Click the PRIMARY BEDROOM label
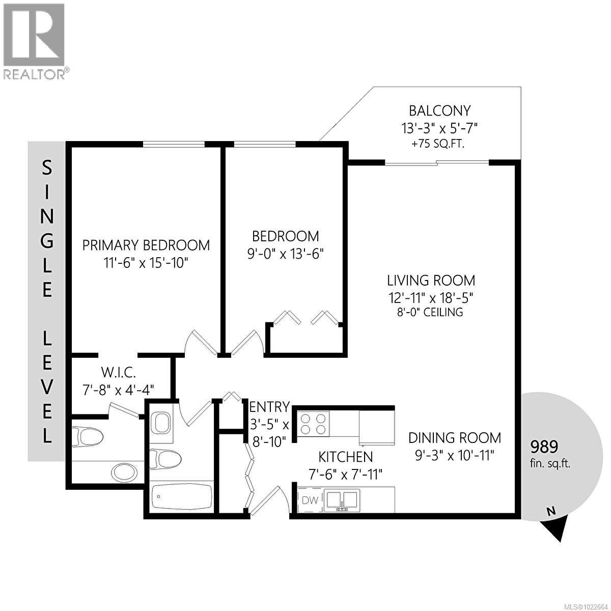(146, 245)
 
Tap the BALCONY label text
(440, 110)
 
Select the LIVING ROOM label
(431, 280)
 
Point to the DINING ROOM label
(454, 438)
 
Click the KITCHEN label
(346, 457)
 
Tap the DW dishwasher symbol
(310, 500)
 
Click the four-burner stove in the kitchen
(313, 424)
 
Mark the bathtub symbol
(182, 498)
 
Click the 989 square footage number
(544, 447)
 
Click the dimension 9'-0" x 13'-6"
(286, 253)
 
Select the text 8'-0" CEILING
(431, 312)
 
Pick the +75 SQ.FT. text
(440, 144)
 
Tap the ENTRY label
(269, 407)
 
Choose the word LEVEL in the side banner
(47, 386)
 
